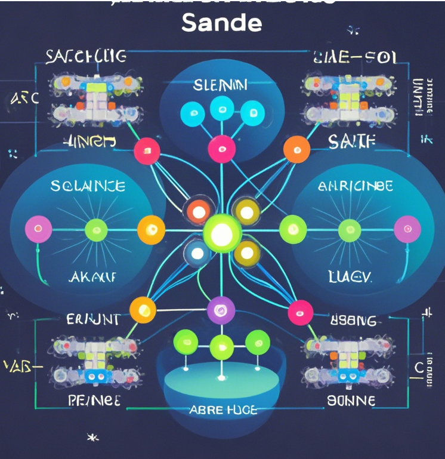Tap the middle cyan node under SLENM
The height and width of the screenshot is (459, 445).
222,110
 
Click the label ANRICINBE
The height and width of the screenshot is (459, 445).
355,186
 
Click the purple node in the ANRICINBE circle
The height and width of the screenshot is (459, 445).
407,229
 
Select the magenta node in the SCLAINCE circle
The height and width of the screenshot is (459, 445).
38,229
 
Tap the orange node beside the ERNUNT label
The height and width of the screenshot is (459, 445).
143,310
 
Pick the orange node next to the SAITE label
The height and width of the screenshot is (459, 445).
296,149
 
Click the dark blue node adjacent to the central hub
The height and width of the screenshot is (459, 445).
196,252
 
